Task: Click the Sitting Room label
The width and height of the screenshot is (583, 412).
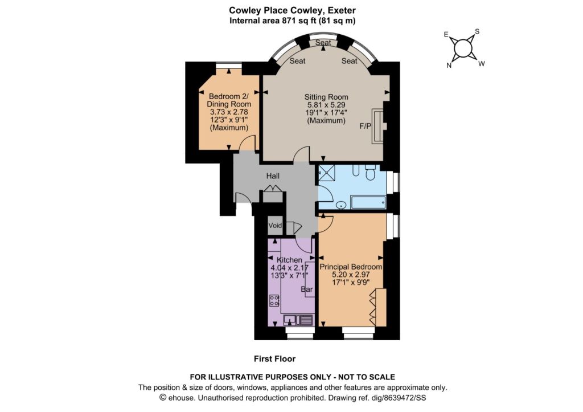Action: [x=326, y=97]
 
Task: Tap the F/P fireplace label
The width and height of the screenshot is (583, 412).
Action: [x=365, y=126]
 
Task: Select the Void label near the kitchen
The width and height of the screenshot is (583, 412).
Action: [x=275, y=225]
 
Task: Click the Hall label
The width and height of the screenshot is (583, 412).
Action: [x=273, y=176]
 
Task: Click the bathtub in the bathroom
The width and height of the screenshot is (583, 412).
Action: [x=368, y=202]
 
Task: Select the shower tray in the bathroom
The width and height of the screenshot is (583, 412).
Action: [x=326, y=173]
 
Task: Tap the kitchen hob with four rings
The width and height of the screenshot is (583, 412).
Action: [x=274, y=300]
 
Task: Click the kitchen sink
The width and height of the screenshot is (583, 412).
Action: [x=298, y=320]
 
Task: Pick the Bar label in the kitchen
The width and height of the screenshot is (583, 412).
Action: [x=307, y=289]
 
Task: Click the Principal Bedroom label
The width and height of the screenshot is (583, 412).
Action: [x=351, y=267]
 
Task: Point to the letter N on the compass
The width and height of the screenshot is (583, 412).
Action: [x=449, y=66]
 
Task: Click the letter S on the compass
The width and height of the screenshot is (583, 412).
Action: [x=478, y=32]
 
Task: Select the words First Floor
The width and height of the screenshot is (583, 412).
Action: [x=275, y=359]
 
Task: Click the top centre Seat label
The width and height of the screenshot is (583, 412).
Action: [x=323, y=42]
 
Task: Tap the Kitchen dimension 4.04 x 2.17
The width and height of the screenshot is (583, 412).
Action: [x=289, y=268]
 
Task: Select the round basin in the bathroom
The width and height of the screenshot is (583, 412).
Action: [x=341, y=205]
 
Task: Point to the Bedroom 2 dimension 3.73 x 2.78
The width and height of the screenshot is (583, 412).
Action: [x=229, y=112]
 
